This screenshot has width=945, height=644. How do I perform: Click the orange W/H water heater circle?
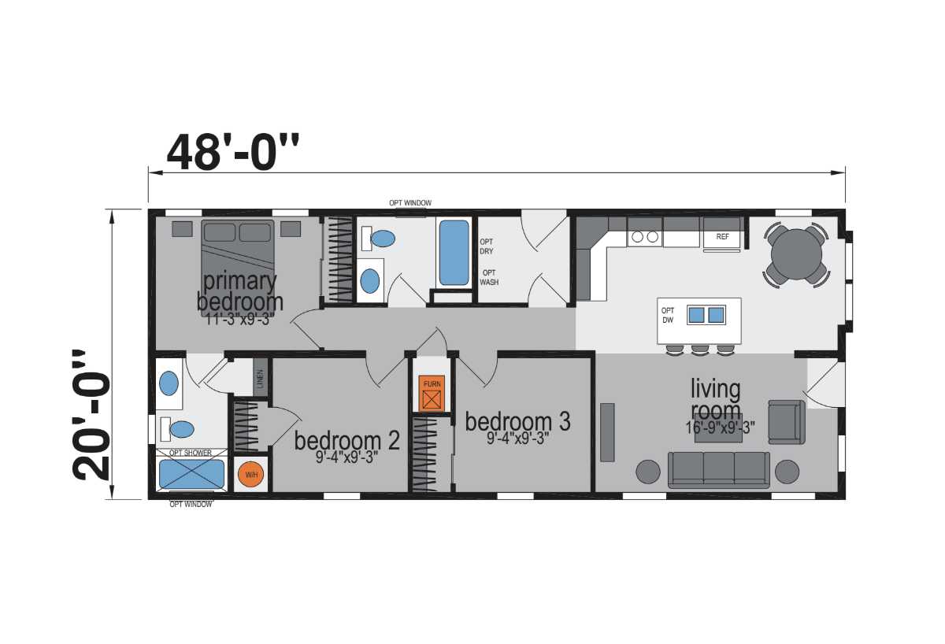(x=251, y=475)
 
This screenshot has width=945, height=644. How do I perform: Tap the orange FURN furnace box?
(x=432, y=393)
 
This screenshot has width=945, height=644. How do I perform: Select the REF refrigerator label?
(x=722, y=237)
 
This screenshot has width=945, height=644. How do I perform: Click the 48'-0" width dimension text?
(x=233, y=152)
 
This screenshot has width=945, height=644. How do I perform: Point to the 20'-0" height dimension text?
(x=91, y=416)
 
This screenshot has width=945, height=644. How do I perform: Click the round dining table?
(x=796, y=255)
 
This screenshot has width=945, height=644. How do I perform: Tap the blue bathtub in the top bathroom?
(x=454, y=253)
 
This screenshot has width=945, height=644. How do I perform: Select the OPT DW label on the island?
(x=668, y=316)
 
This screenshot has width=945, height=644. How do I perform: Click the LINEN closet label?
(x=260, y=379)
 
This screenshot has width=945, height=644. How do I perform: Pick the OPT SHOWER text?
(x=191, y=453)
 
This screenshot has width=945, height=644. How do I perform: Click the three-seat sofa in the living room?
(x=719, y=470)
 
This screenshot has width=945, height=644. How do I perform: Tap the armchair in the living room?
(x=787, y=422)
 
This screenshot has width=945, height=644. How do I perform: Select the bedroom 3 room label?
(x=517, y=421)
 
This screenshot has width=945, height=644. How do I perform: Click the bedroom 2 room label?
(x=346, y=441)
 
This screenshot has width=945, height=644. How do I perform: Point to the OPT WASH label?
(x=489, y=277)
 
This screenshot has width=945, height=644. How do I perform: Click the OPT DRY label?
(x=487, y=246)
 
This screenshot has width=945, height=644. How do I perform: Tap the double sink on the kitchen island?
(x=706, y=315)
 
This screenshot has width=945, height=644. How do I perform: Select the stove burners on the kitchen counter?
(x=645, y=237)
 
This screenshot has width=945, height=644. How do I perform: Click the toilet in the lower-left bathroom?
(x=178, y=429)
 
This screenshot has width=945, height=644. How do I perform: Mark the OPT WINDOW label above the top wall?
(x=410, y=203)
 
